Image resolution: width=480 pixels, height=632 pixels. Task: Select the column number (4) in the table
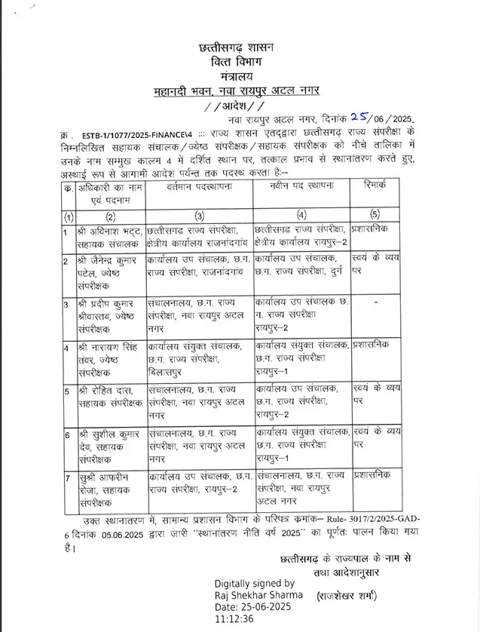301,216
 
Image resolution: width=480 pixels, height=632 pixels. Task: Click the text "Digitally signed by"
255,583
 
